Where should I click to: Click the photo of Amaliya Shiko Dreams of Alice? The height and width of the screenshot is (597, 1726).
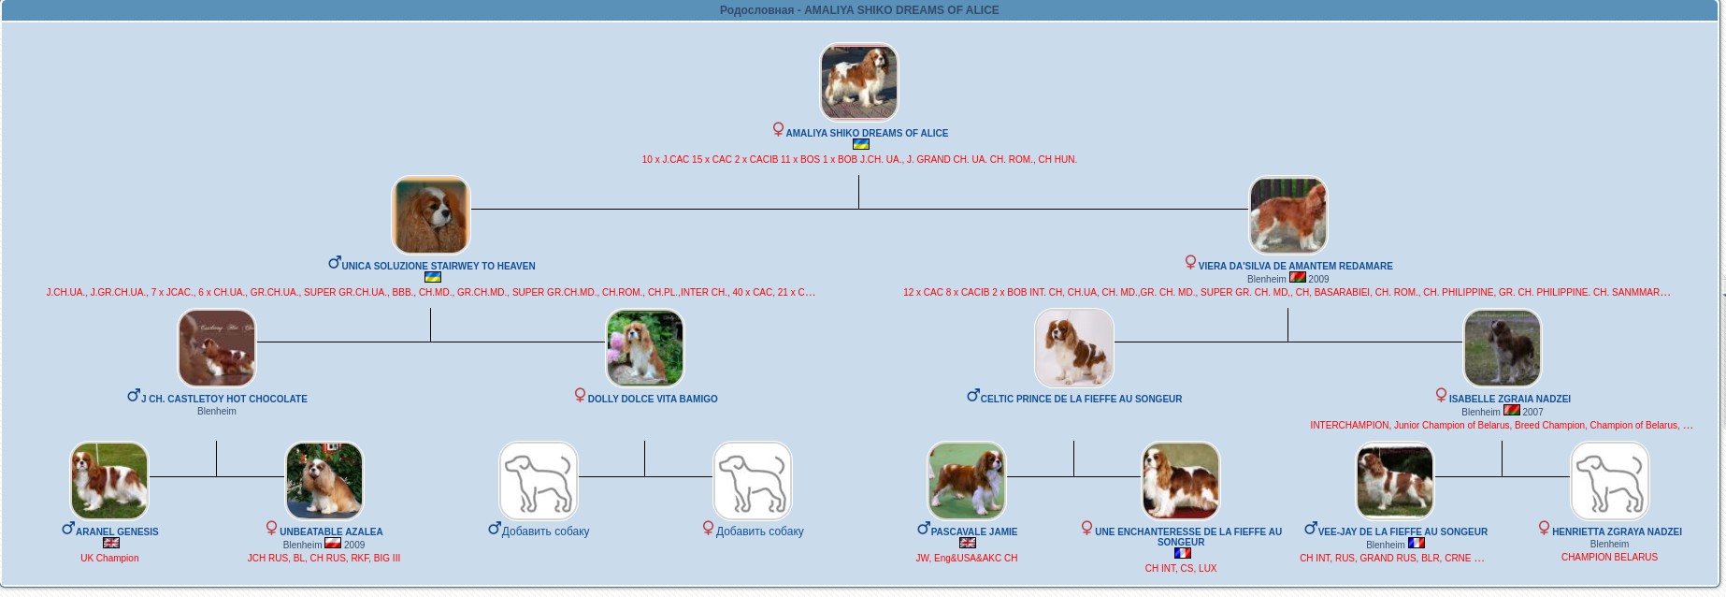858,81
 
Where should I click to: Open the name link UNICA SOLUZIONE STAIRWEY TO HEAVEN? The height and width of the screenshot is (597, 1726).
438,266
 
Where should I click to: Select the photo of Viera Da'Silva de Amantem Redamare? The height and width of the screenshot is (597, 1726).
1287,215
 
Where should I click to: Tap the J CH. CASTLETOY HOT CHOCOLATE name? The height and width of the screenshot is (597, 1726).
223,399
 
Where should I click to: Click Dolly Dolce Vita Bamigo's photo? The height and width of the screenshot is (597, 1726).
644,348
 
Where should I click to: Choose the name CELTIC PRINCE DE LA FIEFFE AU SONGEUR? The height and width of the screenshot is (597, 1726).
1081,399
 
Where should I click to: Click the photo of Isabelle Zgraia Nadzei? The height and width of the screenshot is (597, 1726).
1502,348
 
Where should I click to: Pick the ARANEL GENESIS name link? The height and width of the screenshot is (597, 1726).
117,531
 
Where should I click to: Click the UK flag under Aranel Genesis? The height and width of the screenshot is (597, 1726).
111,543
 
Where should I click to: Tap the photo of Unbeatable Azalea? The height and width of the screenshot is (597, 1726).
324,481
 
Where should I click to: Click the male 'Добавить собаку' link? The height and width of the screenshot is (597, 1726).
545,531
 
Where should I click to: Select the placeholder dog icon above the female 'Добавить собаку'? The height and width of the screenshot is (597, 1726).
752,481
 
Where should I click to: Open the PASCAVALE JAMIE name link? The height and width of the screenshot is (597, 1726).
973,531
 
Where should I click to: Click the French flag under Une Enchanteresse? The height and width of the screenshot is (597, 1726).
1182,553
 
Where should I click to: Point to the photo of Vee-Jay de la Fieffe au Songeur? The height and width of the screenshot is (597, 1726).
1394,481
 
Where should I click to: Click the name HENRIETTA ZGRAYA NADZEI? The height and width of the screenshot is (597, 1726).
1617,531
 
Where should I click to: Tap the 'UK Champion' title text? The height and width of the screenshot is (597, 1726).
109,558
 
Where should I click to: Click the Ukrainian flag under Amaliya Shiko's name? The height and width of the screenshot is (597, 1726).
861,144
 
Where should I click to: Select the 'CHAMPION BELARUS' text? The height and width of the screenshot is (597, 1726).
1609,557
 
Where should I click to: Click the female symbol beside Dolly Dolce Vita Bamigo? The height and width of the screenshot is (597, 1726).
580,396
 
